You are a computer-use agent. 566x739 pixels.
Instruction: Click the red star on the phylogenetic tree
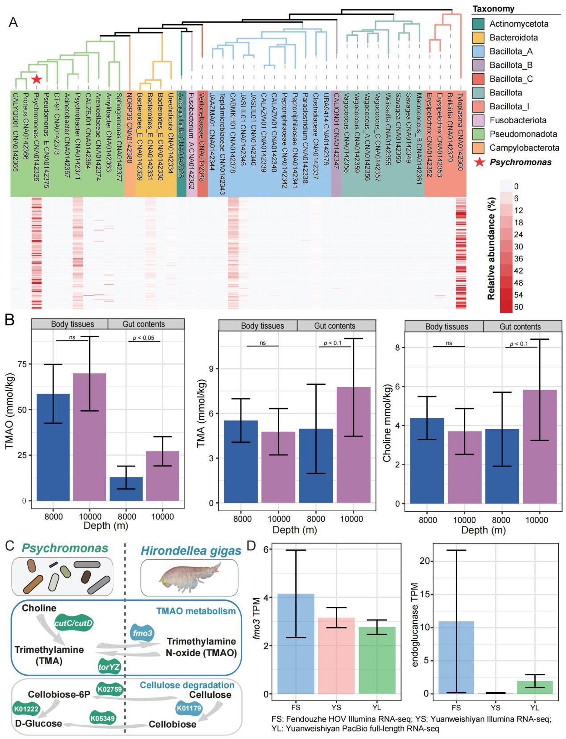[x=37, y=79]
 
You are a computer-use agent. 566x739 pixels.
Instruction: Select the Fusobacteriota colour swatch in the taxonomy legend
[x=479, y=120]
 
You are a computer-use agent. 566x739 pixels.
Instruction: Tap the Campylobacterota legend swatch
[x=479, y=148]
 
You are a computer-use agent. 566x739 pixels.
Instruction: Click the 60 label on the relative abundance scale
[x=518, y=307]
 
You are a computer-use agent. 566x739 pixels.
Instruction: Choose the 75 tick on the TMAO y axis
[x=21, y=364]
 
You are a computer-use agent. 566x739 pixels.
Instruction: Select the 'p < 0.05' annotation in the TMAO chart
[x=144, y=338]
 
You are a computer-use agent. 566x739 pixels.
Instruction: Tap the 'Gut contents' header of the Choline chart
[x=520, y=326]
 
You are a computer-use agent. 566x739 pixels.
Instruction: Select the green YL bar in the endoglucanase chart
[x=534, y=687]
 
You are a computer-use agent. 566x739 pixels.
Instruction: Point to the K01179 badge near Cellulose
[x=189, y=707]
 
